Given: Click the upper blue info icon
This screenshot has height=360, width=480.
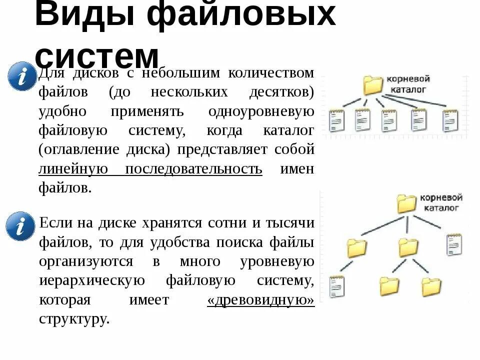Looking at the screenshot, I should click(22, 76).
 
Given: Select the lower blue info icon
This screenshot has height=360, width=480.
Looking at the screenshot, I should click(21, 226).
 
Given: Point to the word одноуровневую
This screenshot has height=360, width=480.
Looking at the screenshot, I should click(261, 111).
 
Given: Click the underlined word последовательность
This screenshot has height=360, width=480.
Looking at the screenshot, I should click(193, 169).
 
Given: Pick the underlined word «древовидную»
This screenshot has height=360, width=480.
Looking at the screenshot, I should click(260, 300).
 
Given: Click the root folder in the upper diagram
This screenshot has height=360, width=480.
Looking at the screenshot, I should click(372, 85).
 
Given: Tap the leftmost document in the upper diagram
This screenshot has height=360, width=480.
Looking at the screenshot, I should click(337, 120).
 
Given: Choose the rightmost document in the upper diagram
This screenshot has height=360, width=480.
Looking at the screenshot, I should click(450, 120).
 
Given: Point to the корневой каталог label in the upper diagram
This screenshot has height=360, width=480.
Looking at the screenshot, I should click(407, 84).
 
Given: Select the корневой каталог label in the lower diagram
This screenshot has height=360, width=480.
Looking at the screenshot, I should click(441, 202).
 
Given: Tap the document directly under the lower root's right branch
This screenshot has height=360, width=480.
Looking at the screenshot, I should click(454, 244).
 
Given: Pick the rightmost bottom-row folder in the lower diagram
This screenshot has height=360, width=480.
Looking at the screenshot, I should click(431, 286).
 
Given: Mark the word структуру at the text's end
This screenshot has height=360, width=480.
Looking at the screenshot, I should click(73, 319).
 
